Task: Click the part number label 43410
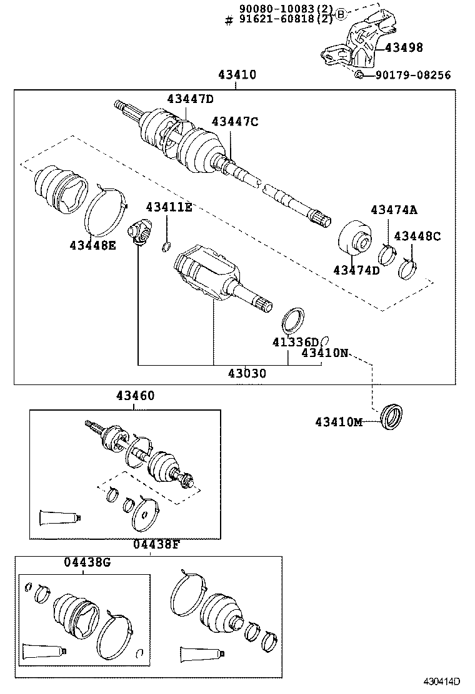click(x=237, y=75)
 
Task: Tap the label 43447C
click(x=234, y=122)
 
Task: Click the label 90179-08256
click(x=412, y=75)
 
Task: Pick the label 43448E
click(x=92, y=245)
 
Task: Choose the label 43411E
click(x=169, y=207)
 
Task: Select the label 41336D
click(x=295, y=342)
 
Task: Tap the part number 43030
click(x=247, y=374)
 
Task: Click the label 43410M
click(x=338, y=423)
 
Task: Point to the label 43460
click(x=134, y=396)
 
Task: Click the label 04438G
click(x=87, y=562)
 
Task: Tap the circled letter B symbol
click(x=340, y=14)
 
